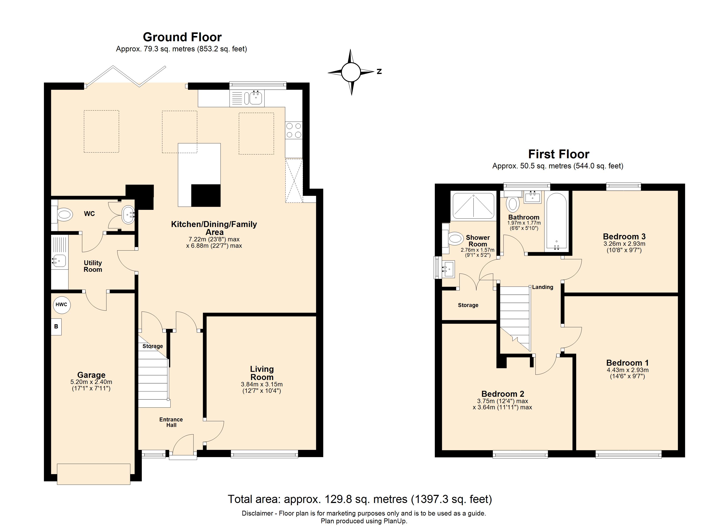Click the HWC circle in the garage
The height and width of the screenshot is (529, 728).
tap(61, 304)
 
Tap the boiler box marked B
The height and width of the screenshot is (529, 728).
tap(56, 327)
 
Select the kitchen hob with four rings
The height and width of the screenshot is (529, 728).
tap(294, 130)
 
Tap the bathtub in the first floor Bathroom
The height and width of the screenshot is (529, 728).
tap(556, 221)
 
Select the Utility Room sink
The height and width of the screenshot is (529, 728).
tap(59, 261)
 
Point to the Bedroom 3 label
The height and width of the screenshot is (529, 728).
tap(624, 237)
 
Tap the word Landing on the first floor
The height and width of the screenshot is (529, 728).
tap(542, 287)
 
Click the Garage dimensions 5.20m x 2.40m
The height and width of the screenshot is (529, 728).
tap(91, 382)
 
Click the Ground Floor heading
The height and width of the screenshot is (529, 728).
tap(182, 37)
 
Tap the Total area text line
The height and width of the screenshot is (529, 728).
tap(360, 499)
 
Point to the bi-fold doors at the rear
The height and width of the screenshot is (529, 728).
tap(126, 76)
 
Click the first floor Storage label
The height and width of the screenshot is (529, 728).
tap(468, 305)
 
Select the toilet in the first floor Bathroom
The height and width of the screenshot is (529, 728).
tap(513, 203)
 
